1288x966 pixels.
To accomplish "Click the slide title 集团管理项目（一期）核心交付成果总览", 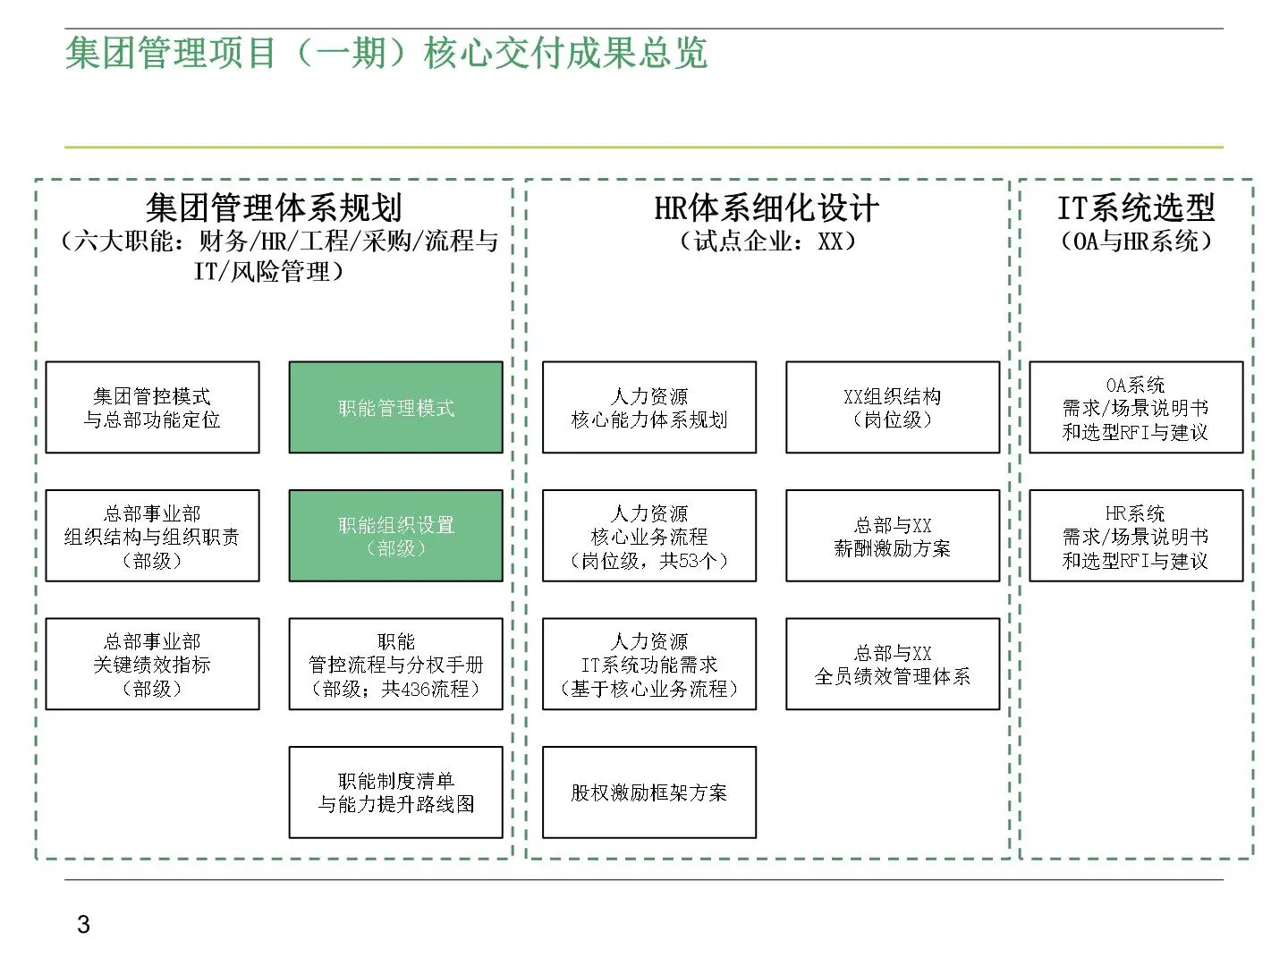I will point(386,54).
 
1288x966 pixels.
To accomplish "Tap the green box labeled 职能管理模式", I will point(395,408).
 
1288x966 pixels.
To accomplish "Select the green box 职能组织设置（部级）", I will point(395,536).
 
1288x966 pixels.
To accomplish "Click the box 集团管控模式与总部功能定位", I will point(152,408).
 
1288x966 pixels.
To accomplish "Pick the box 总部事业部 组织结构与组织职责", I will point(152,536).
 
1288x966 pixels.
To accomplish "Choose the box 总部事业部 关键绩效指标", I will point(152,665).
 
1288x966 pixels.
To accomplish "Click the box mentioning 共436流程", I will point(395,665).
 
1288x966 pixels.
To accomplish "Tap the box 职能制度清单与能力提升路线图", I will point(395,792).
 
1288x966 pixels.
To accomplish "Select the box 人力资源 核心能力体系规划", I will point(649,408).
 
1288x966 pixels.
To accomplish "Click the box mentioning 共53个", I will point(649,536).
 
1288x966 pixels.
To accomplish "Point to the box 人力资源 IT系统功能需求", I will point(649,665).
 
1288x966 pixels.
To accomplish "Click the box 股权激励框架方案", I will point(649,792).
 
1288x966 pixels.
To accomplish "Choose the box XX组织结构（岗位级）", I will point(893,408).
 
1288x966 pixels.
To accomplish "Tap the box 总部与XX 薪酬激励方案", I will point(893,536).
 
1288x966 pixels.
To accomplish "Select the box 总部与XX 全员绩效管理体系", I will point(893,665).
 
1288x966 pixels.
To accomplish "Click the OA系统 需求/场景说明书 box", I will point(1136,408).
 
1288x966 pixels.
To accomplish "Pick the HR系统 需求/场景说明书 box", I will point(1136,536).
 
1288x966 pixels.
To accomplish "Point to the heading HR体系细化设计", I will point(767,208).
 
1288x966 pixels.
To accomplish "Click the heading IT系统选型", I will point(1136,208).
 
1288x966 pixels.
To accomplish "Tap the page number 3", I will point(83,925).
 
